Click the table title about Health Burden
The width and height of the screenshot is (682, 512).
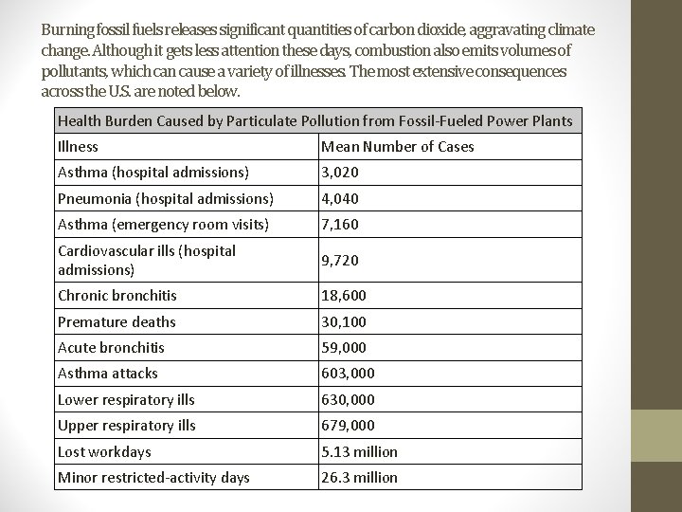(x=314, y=120)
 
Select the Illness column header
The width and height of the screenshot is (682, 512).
(x=78, y=146)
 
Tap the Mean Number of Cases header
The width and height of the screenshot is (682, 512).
(x=398, y=146)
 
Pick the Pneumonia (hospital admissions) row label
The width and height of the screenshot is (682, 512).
(x=166, y=199)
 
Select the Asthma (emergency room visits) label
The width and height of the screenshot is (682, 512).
(x=163, y=225)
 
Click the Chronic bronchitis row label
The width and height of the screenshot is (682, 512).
(x=117, y=296)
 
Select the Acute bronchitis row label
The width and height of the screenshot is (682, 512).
(x=111, y=348)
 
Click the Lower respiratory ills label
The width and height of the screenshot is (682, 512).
(x=126, y=399)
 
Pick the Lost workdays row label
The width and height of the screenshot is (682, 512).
(x=104, y=451)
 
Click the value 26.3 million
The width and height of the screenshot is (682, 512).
(x=360, y=477)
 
